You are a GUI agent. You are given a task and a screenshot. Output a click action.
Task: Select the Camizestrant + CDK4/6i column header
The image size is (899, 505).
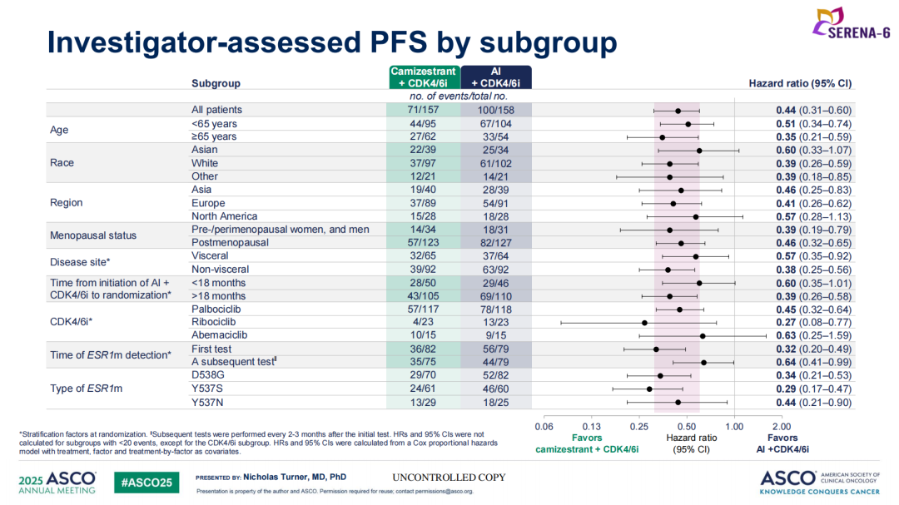point(425,77)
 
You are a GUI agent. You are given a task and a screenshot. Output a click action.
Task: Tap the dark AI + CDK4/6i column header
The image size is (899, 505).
point(496,77)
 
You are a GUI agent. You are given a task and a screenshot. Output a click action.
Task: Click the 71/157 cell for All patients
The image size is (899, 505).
point(425,110)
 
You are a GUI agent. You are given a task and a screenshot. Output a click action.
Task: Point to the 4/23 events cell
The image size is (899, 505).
point(425,323)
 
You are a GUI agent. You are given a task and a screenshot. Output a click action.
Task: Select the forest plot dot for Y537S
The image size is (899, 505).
point(649,389)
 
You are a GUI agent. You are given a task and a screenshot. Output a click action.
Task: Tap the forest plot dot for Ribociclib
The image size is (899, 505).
point(644,323)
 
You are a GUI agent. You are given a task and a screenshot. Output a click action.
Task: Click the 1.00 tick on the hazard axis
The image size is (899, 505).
point(734,427)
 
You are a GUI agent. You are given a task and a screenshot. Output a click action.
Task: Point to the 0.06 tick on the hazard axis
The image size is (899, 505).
point(544,427)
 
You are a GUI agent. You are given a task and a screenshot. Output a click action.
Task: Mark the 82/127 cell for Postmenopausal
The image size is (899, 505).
point(496,243)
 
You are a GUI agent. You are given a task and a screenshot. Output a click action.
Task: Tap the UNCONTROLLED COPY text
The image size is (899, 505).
point(449,478)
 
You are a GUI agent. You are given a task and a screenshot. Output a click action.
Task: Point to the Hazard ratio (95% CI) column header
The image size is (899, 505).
point(800,83)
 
